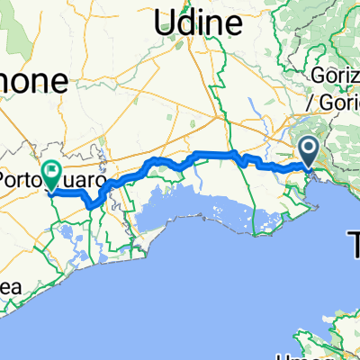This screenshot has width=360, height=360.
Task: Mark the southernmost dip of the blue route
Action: tap(94, 206)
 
